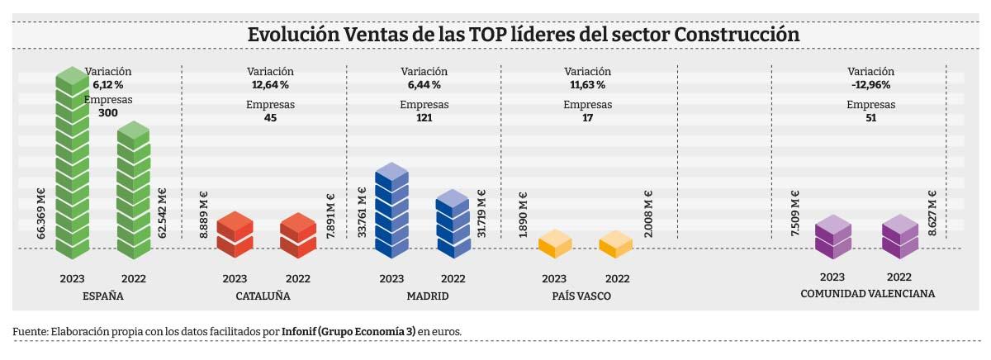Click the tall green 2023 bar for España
(x=72, y=161)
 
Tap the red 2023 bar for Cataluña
(x=235, y=235)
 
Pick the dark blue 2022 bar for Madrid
(x=453, y=225)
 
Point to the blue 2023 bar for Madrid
(x=391, y=211)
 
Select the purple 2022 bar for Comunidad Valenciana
(x=900, y=237)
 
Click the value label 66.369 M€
(x=41, y=214)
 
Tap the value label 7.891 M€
(x=330, y=216)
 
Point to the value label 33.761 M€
(x=362, y=214)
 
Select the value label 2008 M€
(x=648, y=215)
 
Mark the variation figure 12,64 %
(x=270, y=84)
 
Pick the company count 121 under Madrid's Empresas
(x=424, y=118)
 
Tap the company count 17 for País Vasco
(x=587, y=118)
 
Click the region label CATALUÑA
(x=257, y=296)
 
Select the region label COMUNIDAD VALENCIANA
(x=867, y=294)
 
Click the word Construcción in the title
(x=737, y=36)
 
